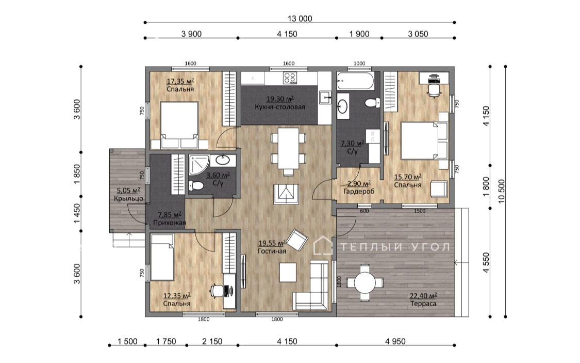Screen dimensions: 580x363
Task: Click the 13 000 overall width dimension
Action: click(300, 19)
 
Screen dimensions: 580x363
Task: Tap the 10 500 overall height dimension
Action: click(502, 192)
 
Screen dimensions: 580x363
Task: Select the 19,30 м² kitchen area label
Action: click(280, 99)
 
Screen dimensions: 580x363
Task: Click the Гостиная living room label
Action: click(272, 251)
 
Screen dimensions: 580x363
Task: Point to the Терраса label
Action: click(423, 304)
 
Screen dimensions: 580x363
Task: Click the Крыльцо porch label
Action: click(128, 198)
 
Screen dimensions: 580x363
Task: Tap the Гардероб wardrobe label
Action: click(359, 192)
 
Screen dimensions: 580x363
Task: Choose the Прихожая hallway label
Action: click(170, 223)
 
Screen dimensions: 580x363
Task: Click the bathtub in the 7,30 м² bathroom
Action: click(355, 81)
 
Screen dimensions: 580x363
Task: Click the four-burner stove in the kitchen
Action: click(290, 78)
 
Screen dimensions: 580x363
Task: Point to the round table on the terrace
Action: click(364, 283)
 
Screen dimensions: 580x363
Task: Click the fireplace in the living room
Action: click(286, 194)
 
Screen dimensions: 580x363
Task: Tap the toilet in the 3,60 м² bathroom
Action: click(196, 185)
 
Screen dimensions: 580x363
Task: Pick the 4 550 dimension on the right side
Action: click(486, 263)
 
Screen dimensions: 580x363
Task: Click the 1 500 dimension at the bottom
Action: click(128, 341)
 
